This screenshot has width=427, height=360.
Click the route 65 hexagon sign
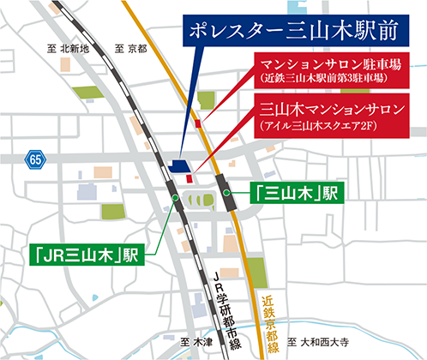pyautogui.click(x=33, y=159)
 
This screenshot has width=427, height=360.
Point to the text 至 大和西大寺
pyautogui.click(x=321, y=342)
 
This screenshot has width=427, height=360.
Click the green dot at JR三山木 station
pyautogui.click(x=176, y=198)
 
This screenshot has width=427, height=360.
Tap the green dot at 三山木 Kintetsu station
pyautogui.click(x=228, y=195)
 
